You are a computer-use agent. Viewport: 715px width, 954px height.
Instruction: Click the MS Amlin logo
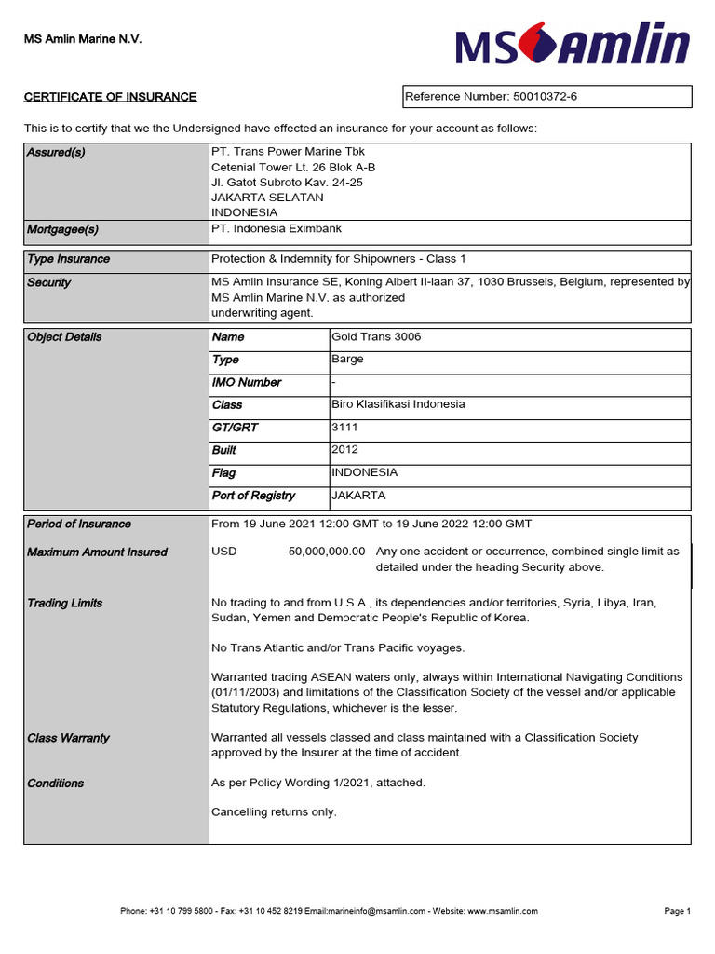(573, 46)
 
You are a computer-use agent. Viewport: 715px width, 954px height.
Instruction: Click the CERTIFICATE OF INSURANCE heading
(110, 97)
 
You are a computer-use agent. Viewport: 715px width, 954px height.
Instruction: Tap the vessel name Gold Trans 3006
(376, 337)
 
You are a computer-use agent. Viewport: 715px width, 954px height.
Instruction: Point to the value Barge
(347, 360)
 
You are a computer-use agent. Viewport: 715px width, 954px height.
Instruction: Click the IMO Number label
(246, 383)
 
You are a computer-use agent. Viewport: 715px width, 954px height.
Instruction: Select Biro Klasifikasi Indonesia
(398, 404)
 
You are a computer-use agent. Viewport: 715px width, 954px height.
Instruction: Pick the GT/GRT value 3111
(344, 428)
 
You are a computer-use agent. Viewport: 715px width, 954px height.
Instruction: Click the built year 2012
(344, 450)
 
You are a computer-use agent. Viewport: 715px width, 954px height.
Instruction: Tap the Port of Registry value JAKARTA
(358, 496)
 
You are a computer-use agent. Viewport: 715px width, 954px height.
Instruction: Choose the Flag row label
(223, 473)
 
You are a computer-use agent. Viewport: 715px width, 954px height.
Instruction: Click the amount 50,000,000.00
(327, 552)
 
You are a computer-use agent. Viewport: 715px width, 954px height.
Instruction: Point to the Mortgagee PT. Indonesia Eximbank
(277, 229)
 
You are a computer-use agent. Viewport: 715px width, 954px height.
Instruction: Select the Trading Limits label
(64, 604)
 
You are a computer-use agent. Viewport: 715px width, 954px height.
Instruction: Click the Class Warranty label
(68, 738)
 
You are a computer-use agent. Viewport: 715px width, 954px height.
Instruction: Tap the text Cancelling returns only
(274, 812)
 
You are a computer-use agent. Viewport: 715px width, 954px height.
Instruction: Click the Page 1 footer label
(677, 911)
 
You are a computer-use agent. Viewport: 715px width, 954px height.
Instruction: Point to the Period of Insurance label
(79, 525)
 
